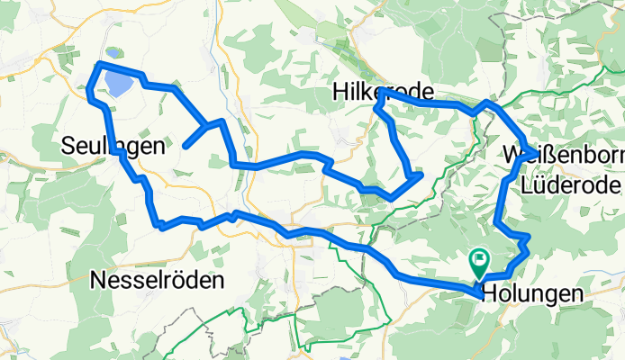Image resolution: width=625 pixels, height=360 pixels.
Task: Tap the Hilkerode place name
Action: click(x=383, y=91)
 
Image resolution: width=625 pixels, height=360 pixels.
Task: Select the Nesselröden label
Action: click(x=158, y=281)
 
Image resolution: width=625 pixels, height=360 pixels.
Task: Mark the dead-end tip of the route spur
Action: click(x=185, y=145)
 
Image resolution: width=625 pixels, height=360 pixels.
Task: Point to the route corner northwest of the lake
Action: click(x=98, y=64)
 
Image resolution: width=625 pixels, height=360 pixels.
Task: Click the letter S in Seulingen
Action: click(x=68, y=145)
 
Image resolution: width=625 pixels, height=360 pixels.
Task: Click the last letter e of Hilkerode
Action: click(x=428, y=91)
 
